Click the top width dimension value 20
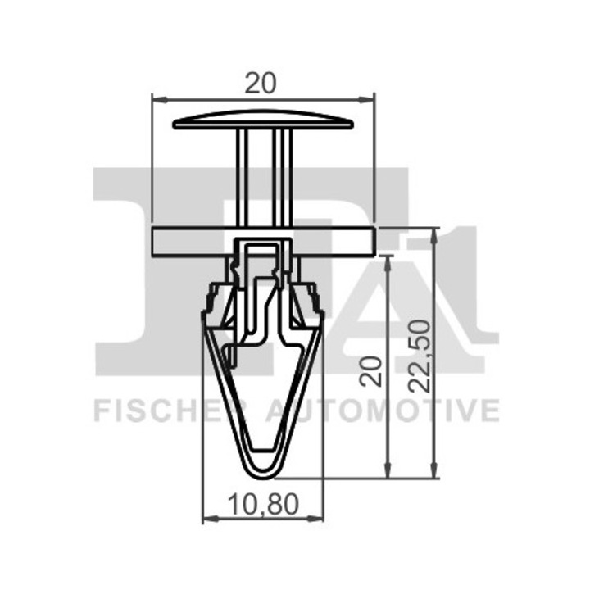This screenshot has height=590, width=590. coord(261,83)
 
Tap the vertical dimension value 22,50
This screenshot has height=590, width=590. coord(420,356)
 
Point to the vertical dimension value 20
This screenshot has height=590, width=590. coord(370,371)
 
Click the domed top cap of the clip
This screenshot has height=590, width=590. coord(263,120)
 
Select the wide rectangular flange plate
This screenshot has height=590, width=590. coord(263,242)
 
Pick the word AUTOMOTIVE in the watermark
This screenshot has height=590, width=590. coord(383,411)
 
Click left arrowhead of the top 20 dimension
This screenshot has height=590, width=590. coord(159,100)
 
